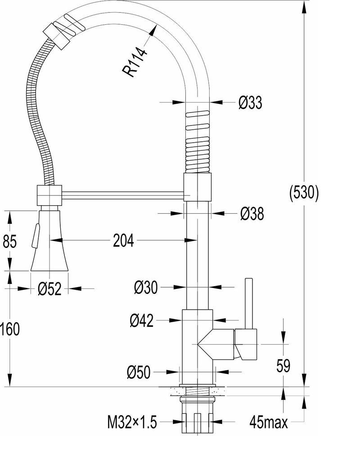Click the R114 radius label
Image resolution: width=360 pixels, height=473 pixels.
[135, 63]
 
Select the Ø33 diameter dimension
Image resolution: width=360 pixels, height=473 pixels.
[250, 103]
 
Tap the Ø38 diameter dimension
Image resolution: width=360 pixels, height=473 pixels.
[252, 214]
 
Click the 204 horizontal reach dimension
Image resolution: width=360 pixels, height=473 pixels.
[123, 241]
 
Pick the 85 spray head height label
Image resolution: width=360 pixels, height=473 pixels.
[10, 242]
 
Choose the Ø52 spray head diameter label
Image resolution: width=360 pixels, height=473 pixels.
[49, 289]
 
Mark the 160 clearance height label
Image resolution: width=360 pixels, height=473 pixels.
[10, 329]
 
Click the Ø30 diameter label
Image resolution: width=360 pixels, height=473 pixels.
[146, 287]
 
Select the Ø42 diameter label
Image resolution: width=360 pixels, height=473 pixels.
[142, 320]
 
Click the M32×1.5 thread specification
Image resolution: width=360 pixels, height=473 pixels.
[132, 422]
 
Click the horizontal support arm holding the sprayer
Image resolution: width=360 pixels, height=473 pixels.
[121, 194]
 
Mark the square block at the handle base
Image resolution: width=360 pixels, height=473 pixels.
[246, 344]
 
